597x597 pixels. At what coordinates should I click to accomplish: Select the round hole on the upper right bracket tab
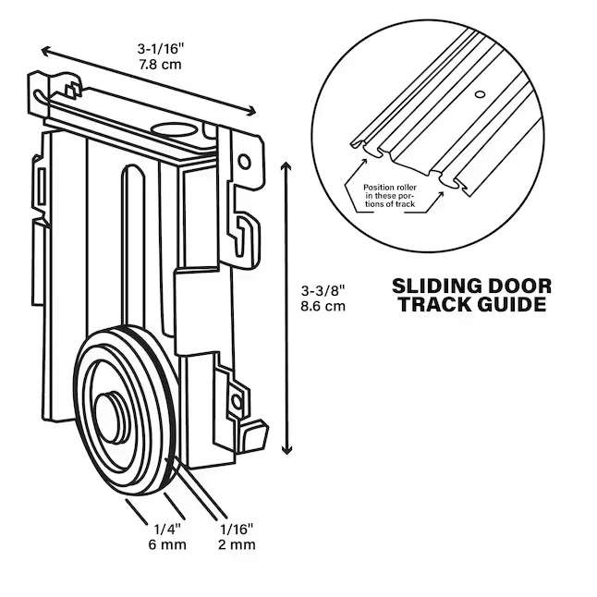coord(244,162)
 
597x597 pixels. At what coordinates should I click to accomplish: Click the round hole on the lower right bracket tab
coord(236,402)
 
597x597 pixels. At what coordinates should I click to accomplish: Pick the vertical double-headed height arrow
coord(286,304)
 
